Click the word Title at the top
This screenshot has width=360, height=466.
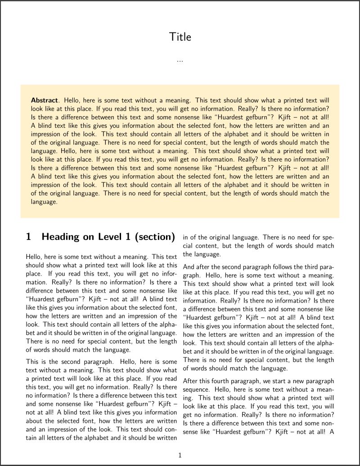click(180, 37)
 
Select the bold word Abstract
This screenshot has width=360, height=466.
click(44, 100)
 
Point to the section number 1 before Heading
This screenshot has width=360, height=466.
click(29, 237)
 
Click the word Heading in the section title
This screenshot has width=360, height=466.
click(61, 237)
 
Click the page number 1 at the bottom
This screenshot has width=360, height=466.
click(180, 455)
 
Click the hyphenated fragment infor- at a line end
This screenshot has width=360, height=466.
click(168, 274)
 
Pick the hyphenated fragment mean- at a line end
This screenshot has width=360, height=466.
click(325, 389)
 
